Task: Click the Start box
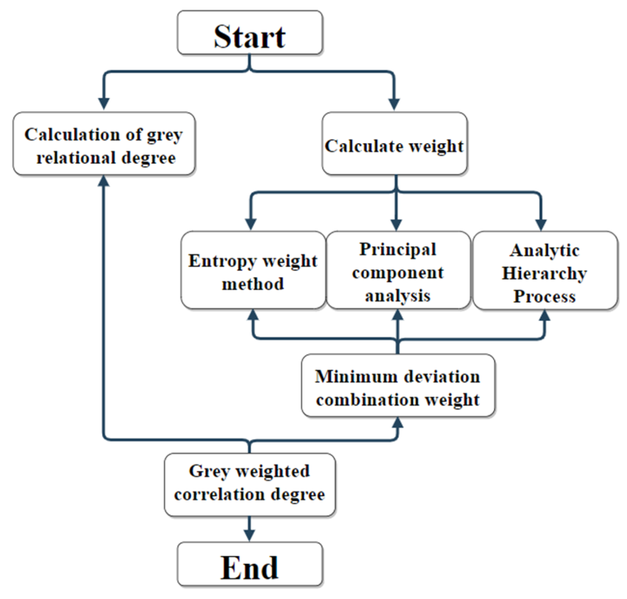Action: pos(250,33)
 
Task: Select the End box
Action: pos(250,564)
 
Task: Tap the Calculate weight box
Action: pos(394,144)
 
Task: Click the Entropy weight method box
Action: pos(253,270)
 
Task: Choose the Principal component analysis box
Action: pos(398,270)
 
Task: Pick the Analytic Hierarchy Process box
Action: pos(545,270)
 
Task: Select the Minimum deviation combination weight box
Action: pos(398,385)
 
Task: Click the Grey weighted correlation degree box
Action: pos(250,485)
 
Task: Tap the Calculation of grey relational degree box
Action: pos(104,144)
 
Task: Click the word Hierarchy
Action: pos(544,274)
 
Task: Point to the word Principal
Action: pos(398,249)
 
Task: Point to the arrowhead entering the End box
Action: pos(250,535)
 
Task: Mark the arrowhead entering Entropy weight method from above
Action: pos(251,224)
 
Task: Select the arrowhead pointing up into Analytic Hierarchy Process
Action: pos(545,316)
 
